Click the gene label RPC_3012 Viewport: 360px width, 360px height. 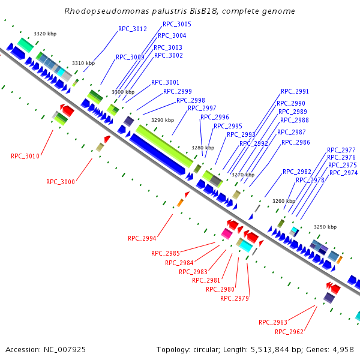coord(132,29)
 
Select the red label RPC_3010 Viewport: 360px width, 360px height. coord(25,156)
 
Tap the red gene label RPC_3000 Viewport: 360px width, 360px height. coord(61,182)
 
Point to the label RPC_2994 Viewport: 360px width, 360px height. coord(142,238)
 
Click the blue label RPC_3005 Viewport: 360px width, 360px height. coord(177,24)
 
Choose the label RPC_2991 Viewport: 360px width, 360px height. coord(295,92)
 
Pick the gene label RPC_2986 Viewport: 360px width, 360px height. coord(296,143)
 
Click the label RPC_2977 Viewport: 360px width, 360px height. coord(341,150)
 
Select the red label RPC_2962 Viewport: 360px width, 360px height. coord(289,332)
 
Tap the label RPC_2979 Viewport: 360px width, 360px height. coord(235,298)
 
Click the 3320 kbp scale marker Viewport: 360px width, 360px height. coord(45,34)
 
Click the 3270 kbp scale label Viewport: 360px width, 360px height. coord(243,175)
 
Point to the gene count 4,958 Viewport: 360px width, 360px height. coord(344,350)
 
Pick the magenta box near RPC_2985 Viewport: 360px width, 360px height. coord(227,233)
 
